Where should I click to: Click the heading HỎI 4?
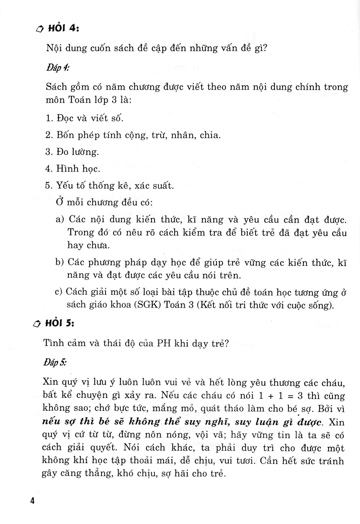[x=63, y=29]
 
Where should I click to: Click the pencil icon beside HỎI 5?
[x=38, y=324]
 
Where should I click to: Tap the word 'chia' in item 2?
[x=209, y=135]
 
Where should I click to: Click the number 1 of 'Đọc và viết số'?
[x=48, y=118]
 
